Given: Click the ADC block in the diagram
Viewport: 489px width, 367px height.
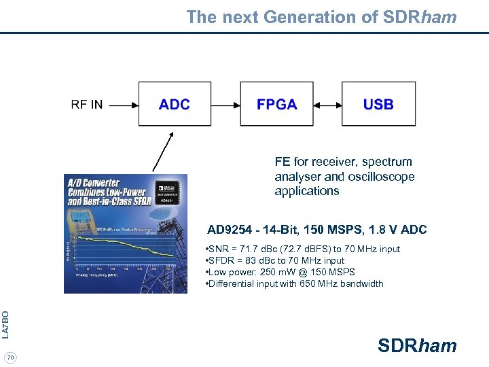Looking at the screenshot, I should coord(175,104).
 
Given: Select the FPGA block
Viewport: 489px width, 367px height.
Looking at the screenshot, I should coord(276,104).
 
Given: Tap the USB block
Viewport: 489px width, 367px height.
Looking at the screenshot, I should coord(378,104).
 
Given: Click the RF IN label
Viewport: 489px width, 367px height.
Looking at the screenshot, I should coord(87,105).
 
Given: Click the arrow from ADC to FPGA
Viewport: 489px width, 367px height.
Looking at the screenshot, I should coord(223,105).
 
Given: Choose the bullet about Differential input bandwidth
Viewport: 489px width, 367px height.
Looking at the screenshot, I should coord(294,283).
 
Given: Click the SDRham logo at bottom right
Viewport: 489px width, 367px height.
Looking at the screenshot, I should coord(417,346).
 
